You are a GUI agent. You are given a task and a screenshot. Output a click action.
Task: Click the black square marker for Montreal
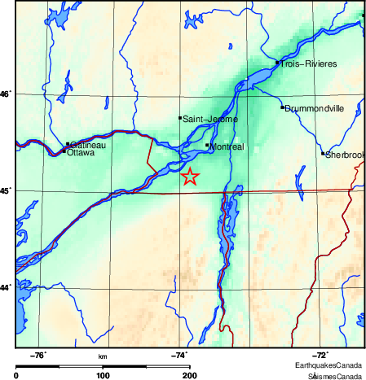click(x=207, y=145)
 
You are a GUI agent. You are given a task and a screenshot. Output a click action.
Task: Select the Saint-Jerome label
click(x=209, y=120)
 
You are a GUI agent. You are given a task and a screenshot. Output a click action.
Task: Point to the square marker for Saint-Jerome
click(x=180, y=118)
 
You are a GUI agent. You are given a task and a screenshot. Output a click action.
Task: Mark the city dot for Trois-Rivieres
click(x=277, y=62)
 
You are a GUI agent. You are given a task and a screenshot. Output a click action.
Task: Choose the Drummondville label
click(x=315, y=108)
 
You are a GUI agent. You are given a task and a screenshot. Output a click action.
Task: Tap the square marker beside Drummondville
click(x=282, y=107)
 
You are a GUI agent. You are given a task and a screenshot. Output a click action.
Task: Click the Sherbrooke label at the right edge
click(x=345, y=155)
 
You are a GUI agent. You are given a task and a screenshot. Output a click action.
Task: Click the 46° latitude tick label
click(x=6, y=94)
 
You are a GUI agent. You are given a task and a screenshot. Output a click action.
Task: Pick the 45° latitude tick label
click(x=6, y=191)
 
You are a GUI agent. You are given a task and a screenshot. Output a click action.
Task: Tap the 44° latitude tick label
click(x=6, y=287)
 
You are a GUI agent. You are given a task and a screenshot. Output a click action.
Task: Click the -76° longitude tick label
click(x=38, y=355)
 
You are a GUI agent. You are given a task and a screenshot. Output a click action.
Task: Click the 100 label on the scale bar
click(x=103, y=375)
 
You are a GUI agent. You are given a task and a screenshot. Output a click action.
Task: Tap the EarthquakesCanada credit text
click(x=329, y=365)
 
